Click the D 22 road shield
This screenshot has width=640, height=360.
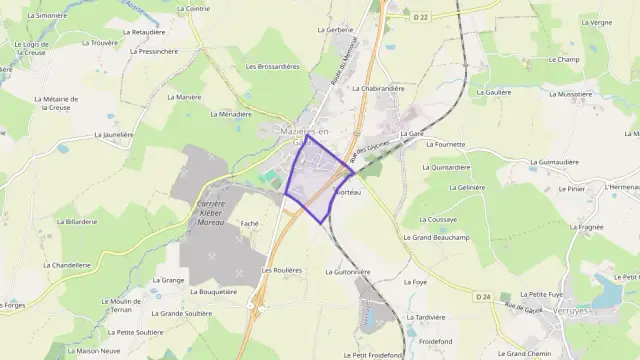[420, 17]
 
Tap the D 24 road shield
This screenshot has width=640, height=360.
[483, 296]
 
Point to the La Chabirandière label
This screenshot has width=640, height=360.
[378, 88]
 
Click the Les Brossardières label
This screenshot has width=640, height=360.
[272, 66]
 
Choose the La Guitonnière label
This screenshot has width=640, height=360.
[348, 272]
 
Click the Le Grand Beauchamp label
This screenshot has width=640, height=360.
[436, 238]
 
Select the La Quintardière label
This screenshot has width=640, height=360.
[447, 167]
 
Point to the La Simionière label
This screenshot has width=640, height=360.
[47, 16]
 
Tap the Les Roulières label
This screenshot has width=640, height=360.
[281, 270]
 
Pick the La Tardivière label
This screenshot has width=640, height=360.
[425, 316]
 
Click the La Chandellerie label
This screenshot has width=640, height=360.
[67, 265]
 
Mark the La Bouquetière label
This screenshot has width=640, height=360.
[212, 292]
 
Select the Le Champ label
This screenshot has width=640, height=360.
[564, 60]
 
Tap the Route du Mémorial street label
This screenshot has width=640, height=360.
[336, 63]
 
